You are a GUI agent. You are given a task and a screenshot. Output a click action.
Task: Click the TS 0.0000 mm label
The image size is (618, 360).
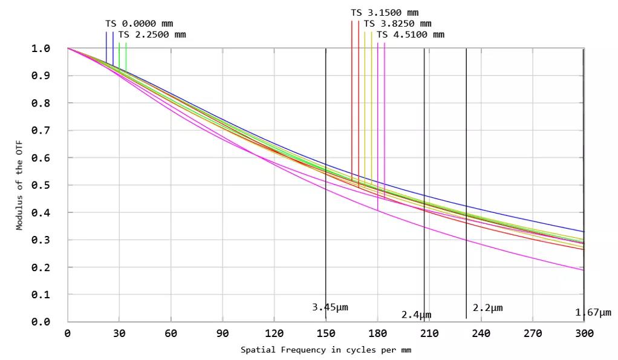139,24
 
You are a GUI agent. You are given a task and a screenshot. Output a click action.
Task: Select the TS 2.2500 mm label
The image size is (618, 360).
152,34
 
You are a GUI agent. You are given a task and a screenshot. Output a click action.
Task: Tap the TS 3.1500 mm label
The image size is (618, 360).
384,13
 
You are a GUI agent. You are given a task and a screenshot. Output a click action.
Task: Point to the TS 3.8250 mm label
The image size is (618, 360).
397,24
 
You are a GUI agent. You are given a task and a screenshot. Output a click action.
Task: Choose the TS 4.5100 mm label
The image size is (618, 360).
410,34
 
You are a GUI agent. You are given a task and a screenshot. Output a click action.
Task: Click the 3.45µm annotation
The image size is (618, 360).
330,307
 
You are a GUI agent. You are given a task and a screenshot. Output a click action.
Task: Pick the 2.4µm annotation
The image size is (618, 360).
416,315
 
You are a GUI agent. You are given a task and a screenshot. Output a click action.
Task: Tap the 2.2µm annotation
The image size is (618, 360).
487,308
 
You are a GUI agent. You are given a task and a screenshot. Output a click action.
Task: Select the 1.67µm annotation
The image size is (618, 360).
593,313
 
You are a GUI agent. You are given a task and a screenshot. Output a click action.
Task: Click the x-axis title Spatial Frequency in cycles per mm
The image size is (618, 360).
326,350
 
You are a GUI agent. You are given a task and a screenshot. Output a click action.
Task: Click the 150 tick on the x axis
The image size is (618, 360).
326,333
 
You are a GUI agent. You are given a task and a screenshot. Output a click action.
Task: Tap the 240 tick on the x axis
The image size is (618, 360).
481,333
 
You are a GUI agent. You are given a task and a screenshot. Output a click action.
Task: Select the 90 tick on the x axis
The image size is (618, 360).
223,333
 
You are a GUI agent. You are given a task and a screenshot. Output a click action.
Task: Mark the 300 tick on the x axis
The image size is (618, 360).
584,333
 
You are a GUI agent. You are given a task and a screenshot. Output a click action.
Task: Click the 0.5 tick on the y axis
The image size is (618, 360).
41,185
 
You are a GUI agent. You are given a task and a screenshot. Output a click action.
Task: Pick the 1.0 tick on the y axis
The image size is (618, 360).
41,48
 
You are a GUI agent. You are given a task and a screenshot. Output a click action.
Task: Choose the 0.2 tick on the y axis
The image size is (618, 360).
41,267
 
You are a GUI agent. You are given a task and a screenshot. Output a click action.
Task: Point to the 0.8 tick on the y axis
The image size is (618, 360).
41,103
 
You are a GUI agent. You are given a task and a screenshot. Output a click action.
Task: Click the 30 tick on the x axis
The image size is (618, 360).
119,333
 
